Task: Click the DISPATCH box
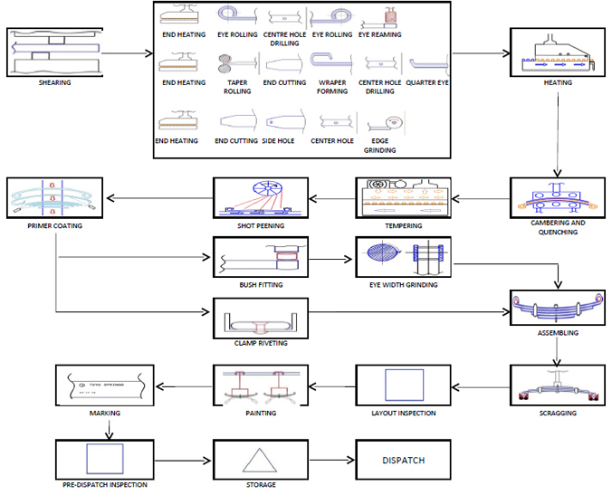402,460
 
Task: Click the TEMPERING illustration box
402,198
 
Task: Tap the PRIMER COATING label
55,226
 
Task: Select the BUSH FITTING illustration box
261,257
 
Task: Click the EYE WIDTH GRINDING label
404,285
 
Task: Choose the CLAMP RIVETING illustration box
261,319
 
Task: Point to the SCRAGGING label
556,413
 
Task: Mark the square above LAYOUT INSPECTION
402,385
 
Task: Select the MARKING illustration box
102,385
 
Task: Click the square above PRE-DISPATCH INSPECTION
102,460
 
